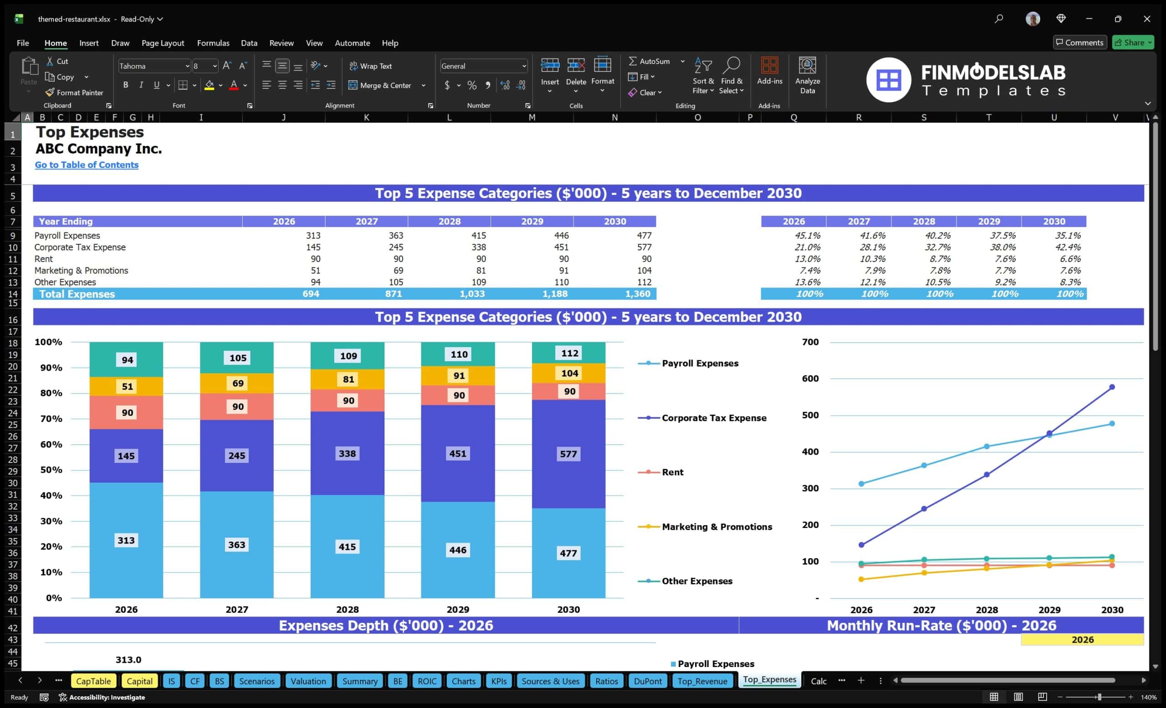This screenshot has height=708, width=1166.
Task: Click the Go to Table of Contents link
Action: pos(87,164)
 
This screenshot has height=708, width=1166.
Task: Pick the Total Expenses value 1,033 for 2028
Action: pos(472,294)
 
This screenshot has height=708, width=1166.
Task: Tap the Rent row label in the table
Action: pos(44,259)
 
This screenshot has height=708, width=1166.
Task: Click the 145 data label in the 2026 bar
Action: pos(126,456)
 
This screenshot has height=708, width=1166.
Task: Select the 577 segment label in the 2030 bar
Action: pos(568,454)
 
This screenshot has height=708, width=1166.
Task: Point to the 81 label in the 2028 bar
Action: pos(348,379)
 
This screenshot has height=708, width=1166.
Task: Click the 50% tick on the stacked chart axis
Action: pos(51,469)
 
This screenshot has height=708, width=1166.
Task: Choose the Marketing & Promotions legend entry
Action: pos(705,527)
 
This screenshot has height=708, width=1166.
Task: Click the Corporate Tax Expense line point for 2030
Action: pos(1112,387)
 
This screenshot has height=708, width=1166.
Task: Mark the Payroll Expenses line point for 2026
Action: pos(861,484)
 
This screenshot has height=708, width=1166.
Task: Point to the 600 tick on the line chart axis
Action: pos(810,379)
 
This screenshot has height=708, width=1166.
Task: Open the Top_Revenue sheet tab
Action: pos(702,681)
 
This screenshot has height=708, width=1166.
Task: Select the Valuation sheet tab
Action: pos(308,681)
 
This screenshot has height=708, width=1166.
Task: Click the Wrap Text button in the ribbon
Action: pos(371,66)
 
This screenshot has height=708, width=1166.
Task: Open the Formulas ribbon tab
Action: pos(213,43)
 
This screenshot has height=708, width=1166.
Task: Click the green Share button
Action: pos(1133,42)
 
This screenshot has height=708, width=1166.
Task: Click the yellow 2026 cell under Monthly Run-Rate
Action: pos(1082,640)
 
